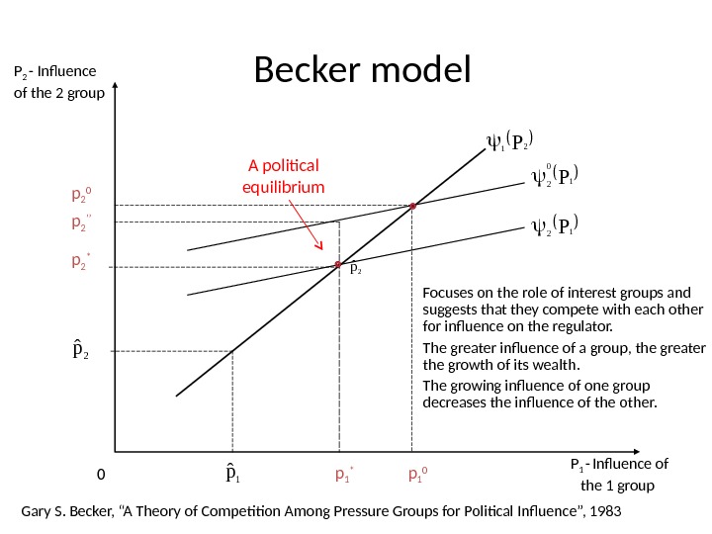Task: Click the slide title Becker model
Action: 363,70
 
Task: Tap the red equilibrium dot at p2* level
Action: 338,264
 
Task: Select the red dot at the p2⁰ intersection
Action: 412,206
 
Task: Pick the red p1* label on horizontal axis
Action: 345,476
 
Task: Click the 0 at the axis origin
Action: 100,475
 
